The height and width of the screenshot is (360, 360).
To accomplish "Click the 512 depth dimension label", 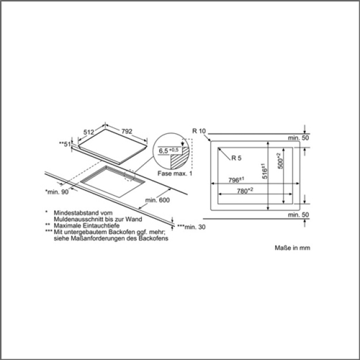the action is click(x=89, y=132).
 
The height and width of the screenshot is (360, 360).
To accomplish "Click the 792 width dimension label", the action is click(x=127, y=131).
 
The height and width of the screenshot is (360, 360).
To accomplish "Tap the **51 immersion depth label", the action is click(x=65, y=144).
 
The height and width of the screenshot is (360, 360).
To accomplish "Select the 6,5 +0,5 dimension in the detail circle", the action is click(x=169, y=151).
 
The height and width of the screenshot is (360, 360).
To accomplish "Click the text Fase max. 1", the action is click(x=175, y=173).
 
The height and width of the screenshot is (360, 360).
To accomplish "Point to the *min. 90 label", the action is click(x=57, y=192).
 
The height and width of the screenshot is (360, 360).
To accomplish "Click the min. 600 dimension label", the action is click(x=157, y=200).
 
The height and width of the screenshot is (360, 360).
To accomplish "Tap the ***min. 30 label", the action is click(x=191, y=227).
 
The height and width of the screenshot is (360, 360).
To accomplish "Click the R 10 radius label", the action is click(x=199, y=131).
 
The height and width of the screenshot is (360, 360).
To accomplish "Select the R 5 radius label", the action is click(x=236, y=158).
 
